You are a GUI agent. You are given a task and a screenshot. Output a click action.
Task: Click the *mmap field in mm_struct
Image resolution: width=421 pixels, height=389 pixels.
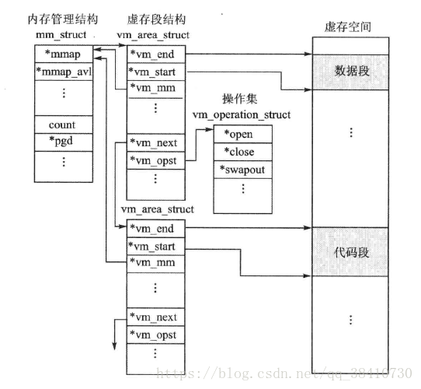tap(64, 54)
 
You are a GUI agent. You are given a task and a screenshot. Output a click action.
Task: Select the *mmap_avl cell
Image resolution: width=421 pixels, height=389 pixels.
tap(64, 72)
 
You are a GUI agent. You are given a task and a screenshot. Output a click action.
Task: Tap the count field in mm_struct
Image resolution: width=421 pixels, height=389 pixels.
tap(64, 124)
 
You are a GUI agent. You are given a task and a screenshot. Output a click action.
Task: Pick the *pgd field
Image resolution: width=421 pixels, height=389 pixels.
tap(64, 142)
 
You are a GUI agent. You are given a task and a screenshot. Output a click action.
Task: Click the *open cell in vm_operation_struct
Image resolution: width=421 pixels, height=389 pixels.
tap(242, 134)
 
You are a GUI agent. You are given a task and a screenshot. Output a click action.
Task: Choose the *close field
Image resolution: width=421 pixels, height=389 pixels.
tap(242, 152)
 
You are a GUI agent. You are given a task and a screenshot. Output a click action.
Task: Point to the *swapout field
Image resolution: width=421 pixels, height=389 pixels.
tap(242, 170)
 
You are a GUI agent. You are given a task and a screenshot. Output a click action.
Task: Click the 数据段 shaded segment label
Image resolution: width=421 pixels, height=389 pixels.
tap(351, 72)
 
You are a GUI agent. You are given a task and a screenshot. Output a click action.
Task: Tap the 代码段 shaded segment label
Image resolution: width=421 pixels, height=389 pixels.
tap(351, 253)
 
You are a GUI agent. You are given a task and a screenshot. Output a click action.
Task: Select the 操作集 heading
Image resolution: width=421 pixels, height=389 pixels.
tap(239, 99)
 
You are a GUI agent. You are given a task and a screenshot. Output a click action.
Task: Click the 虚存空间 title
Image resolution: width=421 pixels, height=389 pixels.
tap(348, 26)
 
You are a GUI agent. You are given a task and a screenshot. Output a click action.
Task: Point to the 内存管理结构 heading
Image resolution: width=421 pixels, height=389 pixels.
tap(63, 19)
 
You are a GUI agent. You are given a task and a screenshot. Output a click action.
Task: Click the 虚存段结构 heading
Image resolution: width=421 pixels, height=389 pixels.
tap(156, 19)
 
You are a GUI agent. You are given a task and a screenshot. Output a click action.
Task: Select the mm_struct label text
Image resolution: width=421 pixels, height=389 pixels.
tap(61, 35)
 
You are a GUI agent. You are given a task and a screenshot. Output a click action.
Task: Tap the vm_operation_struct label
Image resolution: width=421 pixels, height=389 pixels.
tap(242, 115)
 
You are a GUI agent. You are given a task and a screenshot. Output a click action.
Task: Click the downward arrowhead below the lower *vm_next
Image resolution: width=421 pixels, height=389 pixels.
tap(115, 346)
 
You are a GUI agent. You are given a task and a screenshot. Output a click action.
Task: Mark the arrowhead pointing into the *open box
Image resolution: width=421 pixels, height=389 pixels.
tap(210, 129)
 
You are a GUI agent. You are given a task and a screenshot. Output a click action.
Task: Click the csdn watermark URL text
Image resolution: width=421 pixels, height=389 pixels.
tap(284, 373)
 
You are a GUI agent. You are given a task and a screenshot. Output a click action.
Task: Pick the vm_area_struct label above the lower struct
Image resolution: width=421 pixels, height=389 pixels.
tap(158, 209)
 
